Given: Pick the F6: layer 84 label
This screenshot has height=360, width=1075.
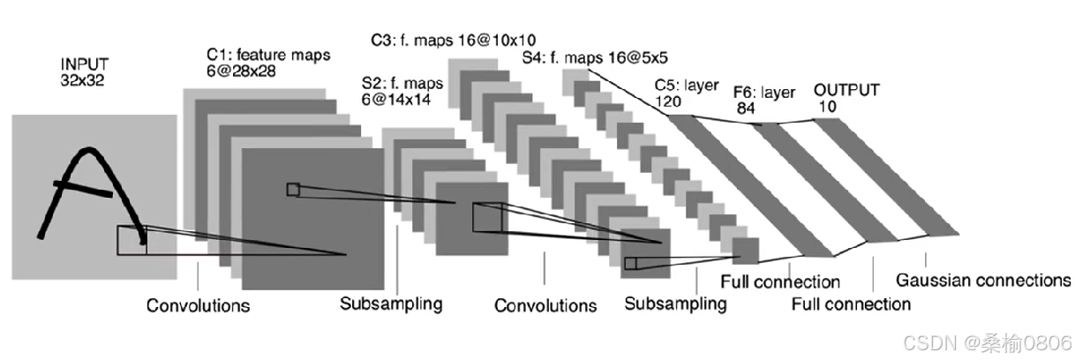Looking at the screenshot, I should point(764,98).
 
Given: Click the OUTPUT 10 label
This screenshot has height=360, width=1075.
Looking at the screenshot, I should point(846,97).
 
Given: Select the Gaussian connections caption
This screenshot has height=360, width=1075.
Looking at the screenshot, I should point(982,281).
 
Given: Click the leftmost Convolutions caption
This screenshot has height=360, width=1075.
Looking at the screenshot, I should point(198,306).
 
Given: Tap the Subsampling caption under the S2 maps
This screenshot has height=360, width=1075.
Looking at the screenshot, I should point(390,304).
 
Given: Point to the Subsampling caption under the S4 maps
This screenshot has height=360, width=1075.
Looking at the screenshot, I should point(675,304).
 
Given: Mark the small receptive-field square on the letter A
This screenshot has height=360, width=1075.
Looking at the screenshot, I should point(132,237).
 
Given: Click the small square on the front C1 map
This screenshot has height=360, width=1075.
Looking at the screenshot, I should point(292,189).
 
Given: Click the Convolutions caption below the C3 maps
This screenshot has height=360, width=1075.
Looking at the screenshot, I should point(545,306).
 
